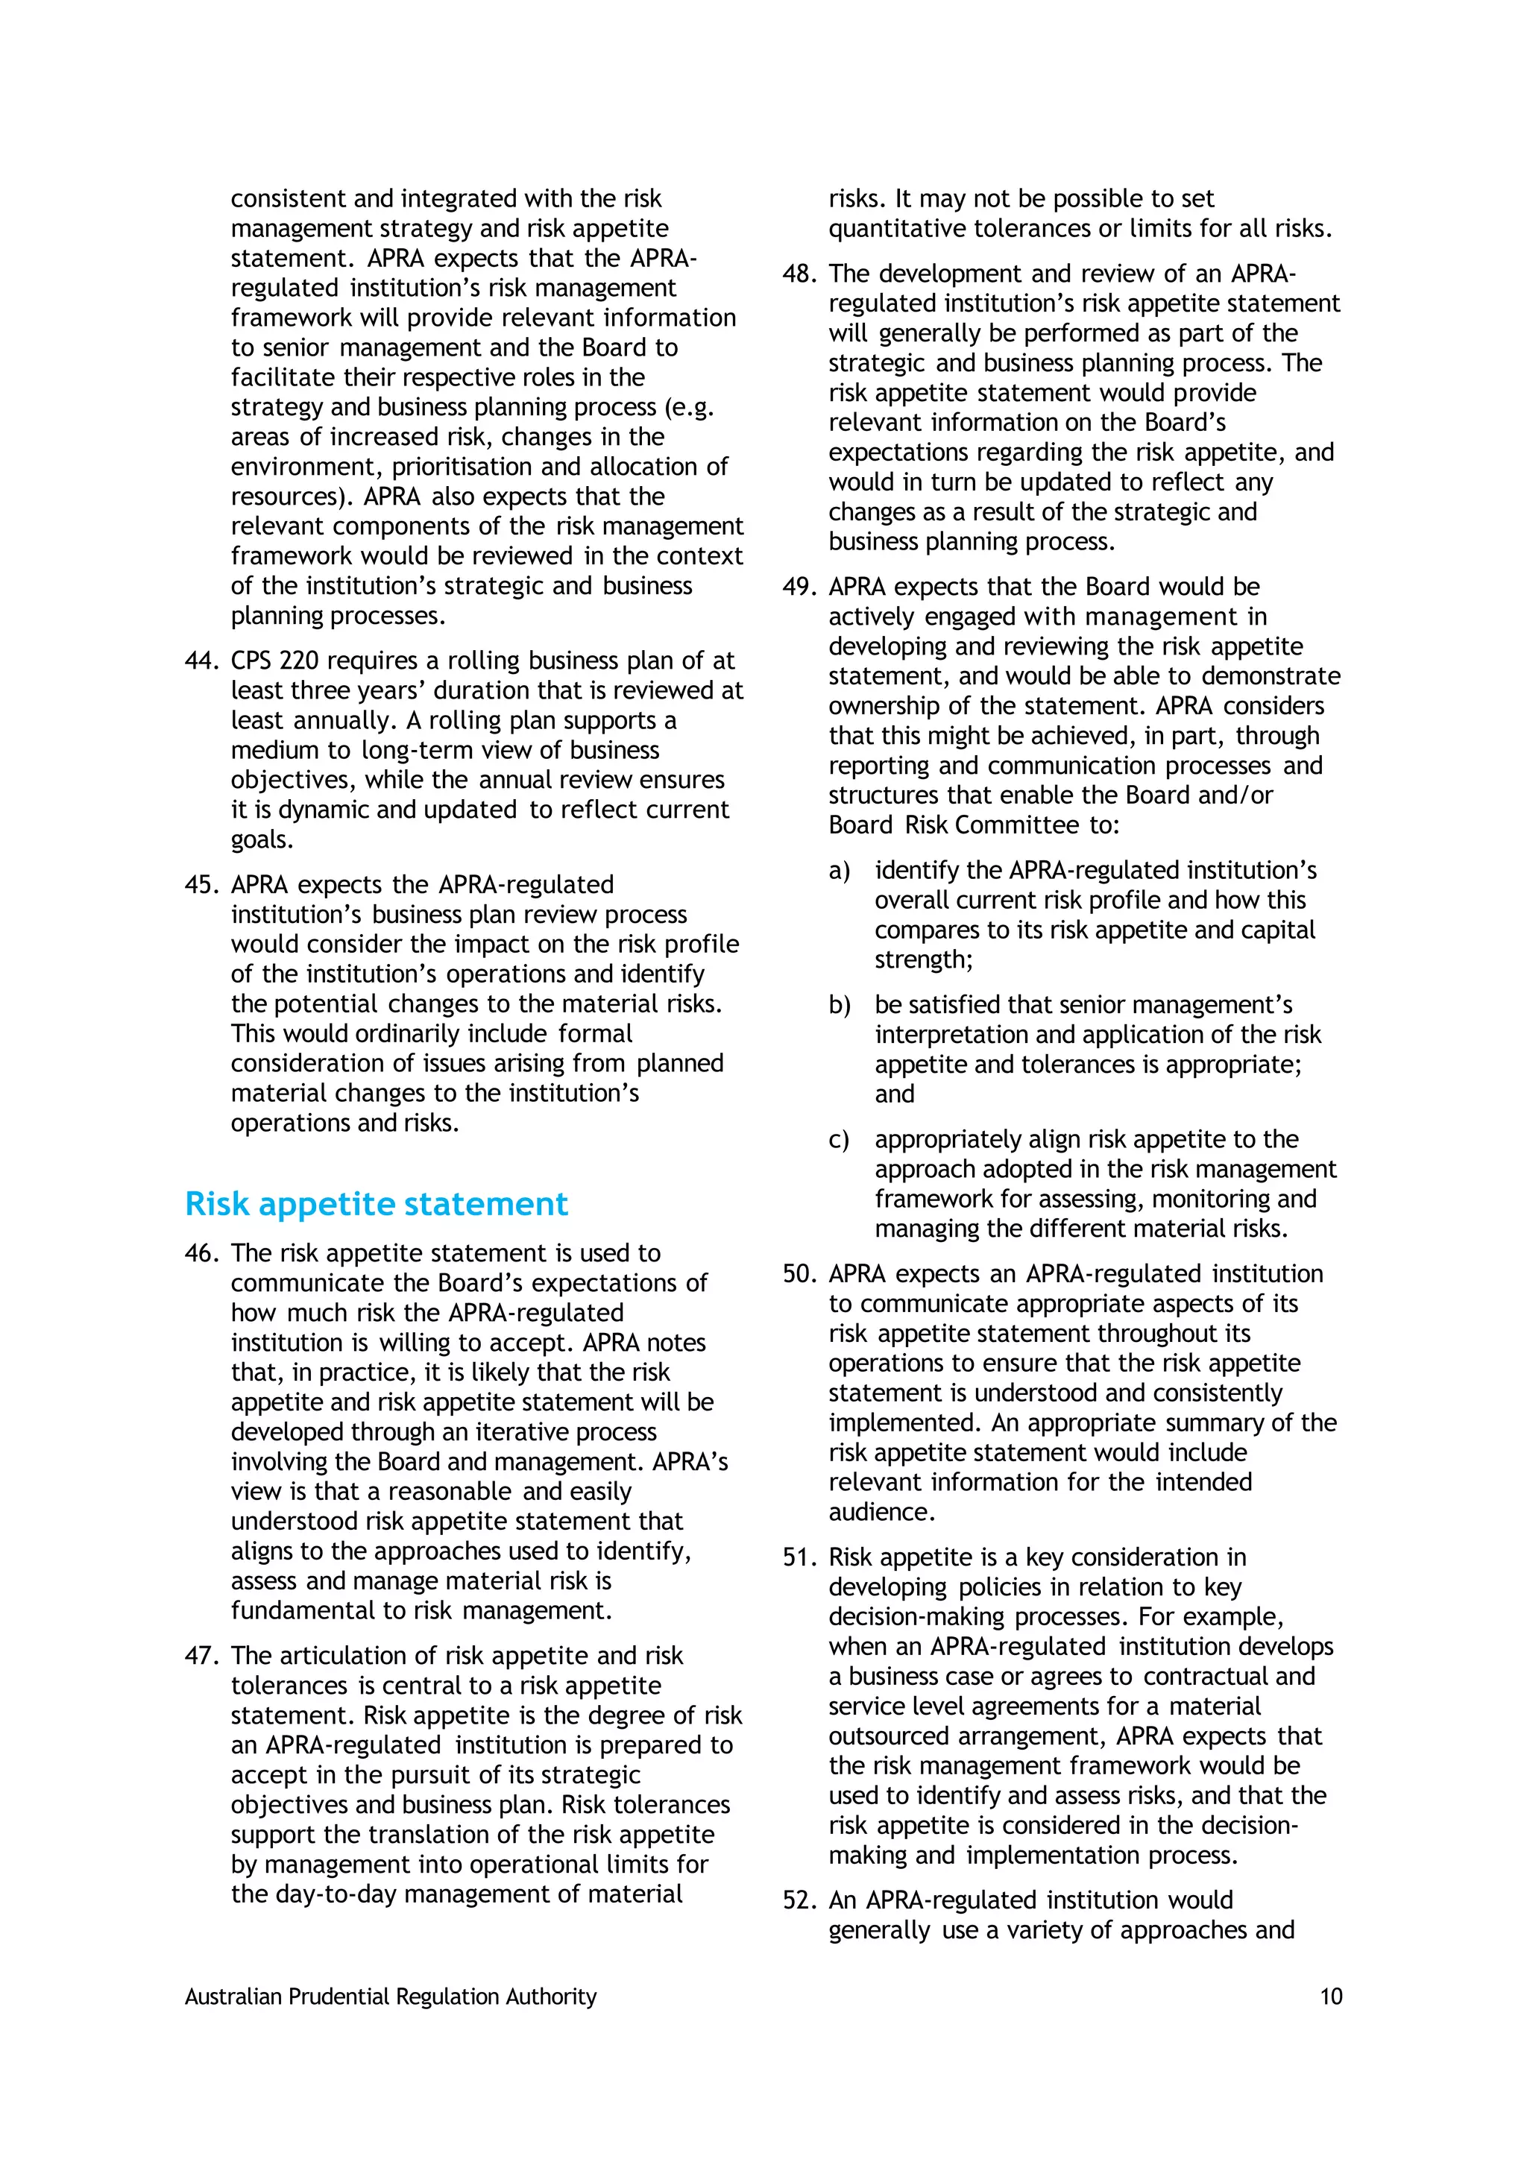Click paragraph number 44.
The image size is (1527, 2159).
click(x=201, y=661)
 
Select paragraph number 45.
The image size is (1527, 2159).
click(x=201, y=885)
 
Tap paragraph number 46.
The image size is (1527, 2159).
click(x=201, y=1253)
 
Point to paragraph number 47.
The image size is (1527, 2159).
click(x=201, y=1656)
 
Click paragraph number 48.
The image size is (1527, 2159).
click(x=799, y=274)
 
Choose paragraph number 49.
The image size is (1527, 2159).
click(x=799, y=587)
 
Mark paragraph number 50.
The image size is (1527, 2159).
click(x=799, y=1274)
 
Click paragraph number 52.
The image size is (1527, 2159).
click(x=799, y=1900)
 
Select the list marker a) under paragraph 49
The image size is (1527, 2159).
click(x=839, y=871)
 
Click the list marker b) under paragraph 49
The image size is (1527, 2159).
click(x=839, y=1005)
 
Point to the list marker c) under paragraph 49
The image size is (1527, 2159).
click(x=839, y=1140)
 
